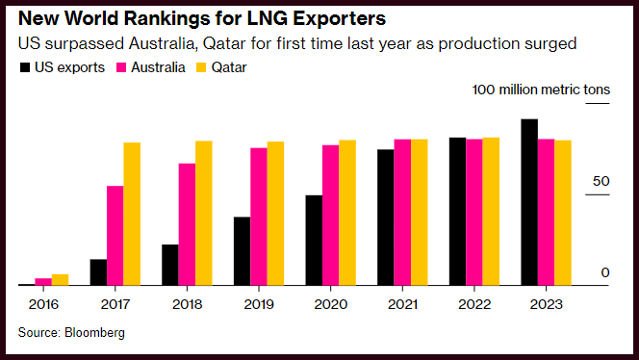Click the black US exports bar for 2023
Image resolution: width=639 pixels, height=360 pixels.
(x=529, y=202)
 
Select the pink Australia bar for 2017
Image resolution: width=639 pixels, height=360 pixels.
(x=115, y=236)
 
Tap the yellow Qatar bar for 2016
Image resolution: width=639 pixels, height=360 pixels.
(x=60, y=280)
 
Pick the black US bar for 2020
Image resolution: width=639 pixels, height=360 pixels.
(x=314, y=240)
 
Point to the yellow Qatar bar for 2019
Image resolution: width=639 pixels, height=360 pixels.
(x=275, y=214)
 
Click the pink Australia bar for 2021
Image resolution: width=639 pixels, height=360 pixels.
(x=402, y=213)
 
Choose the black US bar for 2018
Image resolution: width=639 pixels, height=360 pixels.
(x=170, y=265)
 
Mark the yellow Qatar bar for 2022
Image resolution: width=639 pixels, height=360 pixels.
(x=491, y=212)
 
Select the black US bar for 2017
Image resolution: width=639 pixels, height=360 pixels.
(x=98, y=272)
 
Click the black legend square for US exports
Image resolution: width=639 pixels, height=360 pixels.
(x=25, y=67)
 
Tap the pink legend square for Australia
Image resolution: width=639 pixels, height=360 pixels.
(x=121, y=67)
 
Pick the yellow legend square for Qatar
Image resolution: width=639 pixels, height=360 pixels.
(x=201, y=67)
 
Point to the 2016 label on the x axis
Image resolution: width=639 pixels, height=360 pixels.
(x=43, y=304)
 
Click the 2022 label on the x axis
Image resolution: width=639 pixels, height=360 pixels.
(x=473, y=304)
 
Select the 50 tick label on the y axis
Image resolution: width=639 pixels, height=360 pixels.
(x=601, y=181)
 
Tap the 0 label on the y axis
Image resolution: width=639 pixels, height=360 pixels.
(x=605, y=272)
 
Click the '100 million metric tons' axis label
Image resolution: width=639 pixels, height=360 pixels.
(x=541, y=90)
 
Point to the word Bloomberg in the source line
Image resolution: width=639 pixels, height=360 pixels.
(x=94, y=333)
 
